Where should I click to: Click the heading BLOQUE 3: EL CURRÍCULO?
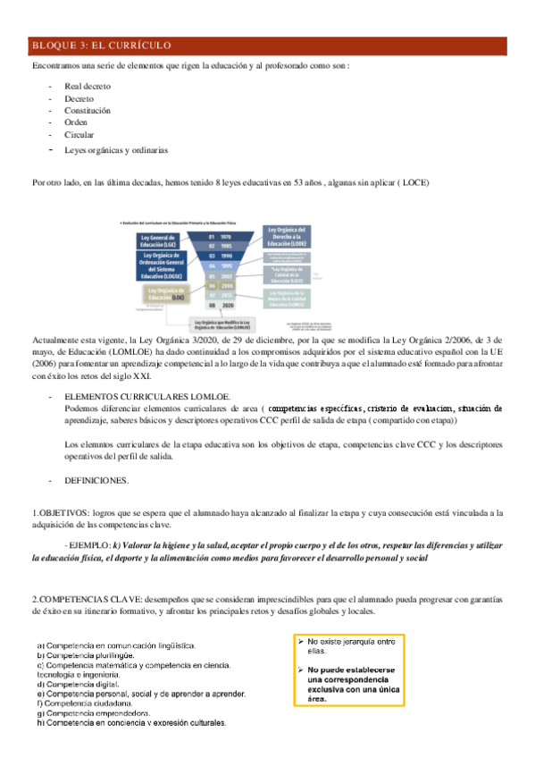[101, 46]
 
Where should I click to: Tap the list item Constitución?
[88, 111]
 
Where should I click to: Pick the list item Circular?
[79, 135]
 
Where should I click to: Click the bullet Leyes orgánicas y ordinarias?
[115, 149]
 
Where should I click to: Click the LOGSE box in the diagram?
[162, 266]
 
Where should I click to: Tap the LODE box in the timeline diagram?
[287, 236]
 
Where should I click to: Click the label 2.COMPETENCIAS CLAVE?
[75, 598]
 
